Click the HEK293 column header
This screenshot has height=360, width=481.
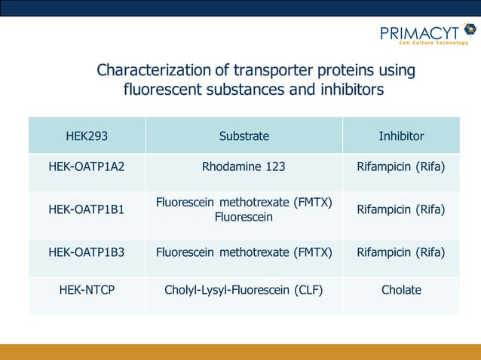pos(87,136)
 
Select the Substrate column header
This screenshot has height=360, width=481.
pos(244,136)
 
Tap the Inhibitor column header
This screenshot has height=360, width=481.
pos(401,136)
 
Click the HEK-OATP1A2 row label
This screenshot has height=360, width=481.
pos(87,166)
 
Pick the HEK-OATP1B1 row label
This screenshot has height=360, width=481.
pos(87,209)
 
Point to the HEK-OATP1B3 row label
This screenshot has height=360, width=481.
pos(87,252)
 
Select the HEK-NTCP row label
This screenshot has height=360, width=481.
pos(87,289)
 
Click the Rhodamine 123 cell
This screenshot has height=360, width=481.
pos(244,166)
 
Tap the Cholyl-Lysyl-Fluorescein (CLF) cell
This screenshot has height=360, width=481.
pos(244,289)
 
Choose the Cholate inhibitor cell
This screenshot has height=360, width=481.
pos(401,289)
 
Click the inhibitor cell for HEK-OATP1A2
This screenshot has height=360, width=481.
pos(401,166)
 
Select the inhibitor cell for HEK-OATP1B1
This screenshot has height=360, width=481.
pos(401,209)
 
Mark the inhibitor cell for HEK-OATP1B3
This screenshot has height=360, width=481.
pos(401,252)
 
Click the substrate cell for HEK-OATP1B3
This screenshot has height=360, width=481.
pos(244,252)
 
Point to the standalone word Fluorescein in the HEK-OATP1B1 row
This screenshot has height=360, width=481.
pos(244,217)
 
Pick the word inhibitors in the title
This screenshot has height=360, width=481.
pos(348,90)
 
